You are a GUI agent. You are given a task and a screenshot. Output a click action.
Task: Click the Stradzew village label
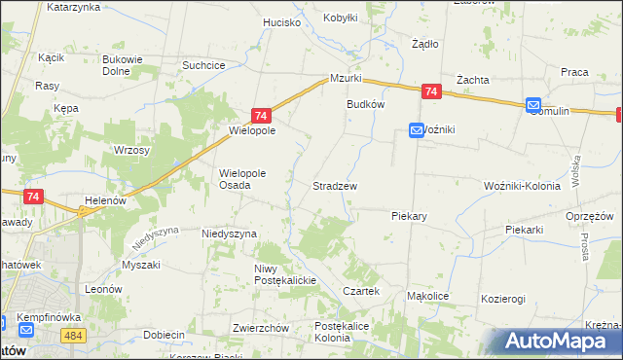334,185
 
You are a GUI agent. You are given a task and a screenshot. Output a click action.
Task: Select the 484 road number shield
71,335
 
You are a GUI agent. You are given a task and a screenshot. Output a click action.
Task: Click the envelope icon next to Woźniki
416,129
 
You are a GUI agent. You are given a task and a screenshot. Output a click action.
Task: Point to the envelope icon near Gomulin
533,105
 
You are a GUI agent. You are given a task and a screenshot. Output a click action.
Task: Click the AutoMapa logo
557,342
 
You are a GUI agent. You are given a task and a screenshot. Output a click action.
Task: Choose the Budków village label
366,104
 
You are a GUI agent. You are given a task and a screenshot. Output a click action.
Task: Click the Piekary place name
411,215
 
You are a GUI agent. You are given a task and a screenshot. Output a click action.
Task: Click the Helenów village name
107,200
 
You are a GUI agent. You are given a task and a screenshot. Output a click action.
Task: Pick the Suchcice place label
204,65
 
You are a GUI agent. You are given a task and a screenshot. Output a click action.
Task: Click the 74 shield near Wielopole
260,115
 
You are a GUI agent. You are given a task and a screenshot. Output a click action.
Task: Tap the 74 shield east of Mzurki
432,92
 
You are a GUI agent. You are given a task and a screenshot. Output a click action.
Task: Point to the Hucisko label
281,21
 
